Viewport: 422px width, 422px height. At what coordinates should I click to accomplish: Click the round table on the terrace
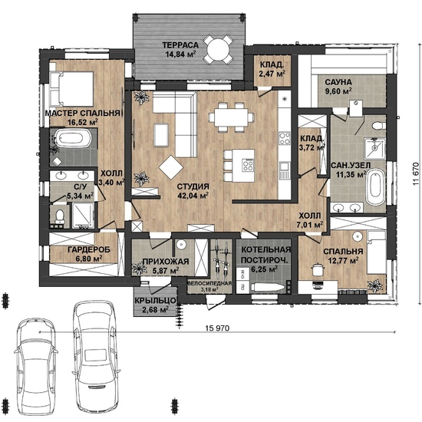(218, 49)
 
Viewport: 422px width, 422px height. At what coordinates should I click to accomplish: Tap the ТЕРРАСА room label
(180, 45)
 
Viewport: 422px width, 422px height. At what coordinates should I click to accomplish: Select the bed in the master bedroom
(71, 88)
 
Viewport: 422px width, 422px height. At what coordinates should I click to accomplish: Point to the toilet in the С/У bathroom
(60, 216)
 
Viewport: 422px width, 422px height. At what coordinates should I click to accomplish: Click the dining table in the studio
(232, 117)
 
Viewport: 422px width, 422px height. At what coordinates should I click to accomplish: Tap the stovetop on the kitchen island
(248, 165)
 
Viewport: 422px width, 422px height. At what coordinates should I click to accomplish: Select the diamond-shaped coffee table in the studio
(171, 167)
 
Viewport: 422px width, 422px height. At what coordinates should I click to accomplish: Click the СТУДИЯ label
(193, 186)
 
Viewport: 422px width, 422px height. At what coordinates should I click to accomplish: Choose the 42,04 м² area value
(193, 196)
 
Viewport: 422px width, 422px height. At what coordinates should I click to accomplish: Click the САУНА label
(338, 82)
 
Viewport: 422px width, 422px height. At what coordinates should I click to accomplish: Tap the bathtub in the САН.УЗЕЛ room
(376, 186)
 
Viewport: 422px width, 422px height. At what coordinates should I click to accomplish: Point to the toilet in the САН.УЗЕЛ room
(379, 125)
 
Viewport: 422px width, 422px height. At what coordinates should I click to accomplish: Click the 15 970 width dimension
(217, 328)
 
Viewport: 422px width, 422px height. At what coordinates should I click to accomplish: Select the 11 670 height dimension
(416, 173)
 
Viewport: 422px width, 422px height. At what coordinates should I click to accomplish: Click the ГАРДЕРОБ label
(89, 250)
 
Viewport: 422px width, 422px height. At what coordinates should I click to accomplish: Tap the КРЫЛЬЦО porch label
(156, 301)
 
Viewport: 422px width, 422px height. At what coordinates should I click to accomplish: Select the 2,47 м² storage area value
(272, 74)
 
